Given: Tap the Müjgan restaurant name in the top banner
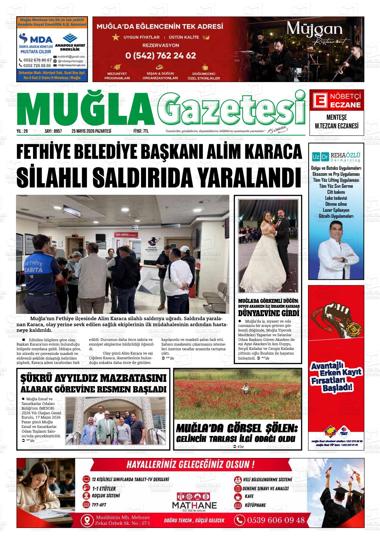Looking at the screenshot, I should (315, 31).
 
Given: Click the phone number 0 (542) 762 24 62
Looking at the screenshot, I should (161, 55).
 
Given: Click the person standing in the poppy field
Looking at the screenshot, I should (245, 387).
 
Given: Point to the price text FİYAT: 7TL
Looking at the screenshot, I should (141, 131).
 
